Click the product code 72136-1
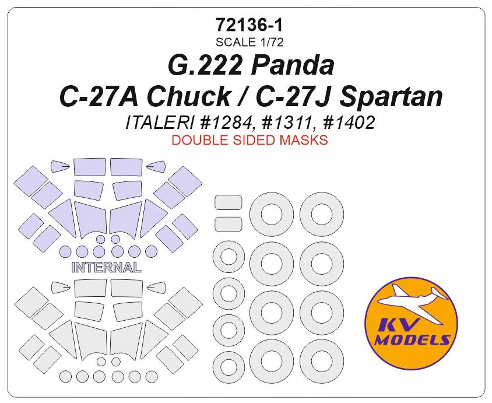(249, 26)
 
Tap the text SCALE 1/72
(249, 42)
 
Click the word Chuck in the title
(189, 96)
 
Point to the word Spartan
(391, 97)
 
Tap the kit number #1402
(348, 122)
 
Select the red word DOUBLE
(200, 140)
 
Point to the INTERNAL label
(106, 268)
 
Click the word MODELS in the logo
(412, 339)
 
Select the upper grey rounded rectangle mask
(229, 202)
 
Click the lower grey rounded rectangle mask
(229, 225)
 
